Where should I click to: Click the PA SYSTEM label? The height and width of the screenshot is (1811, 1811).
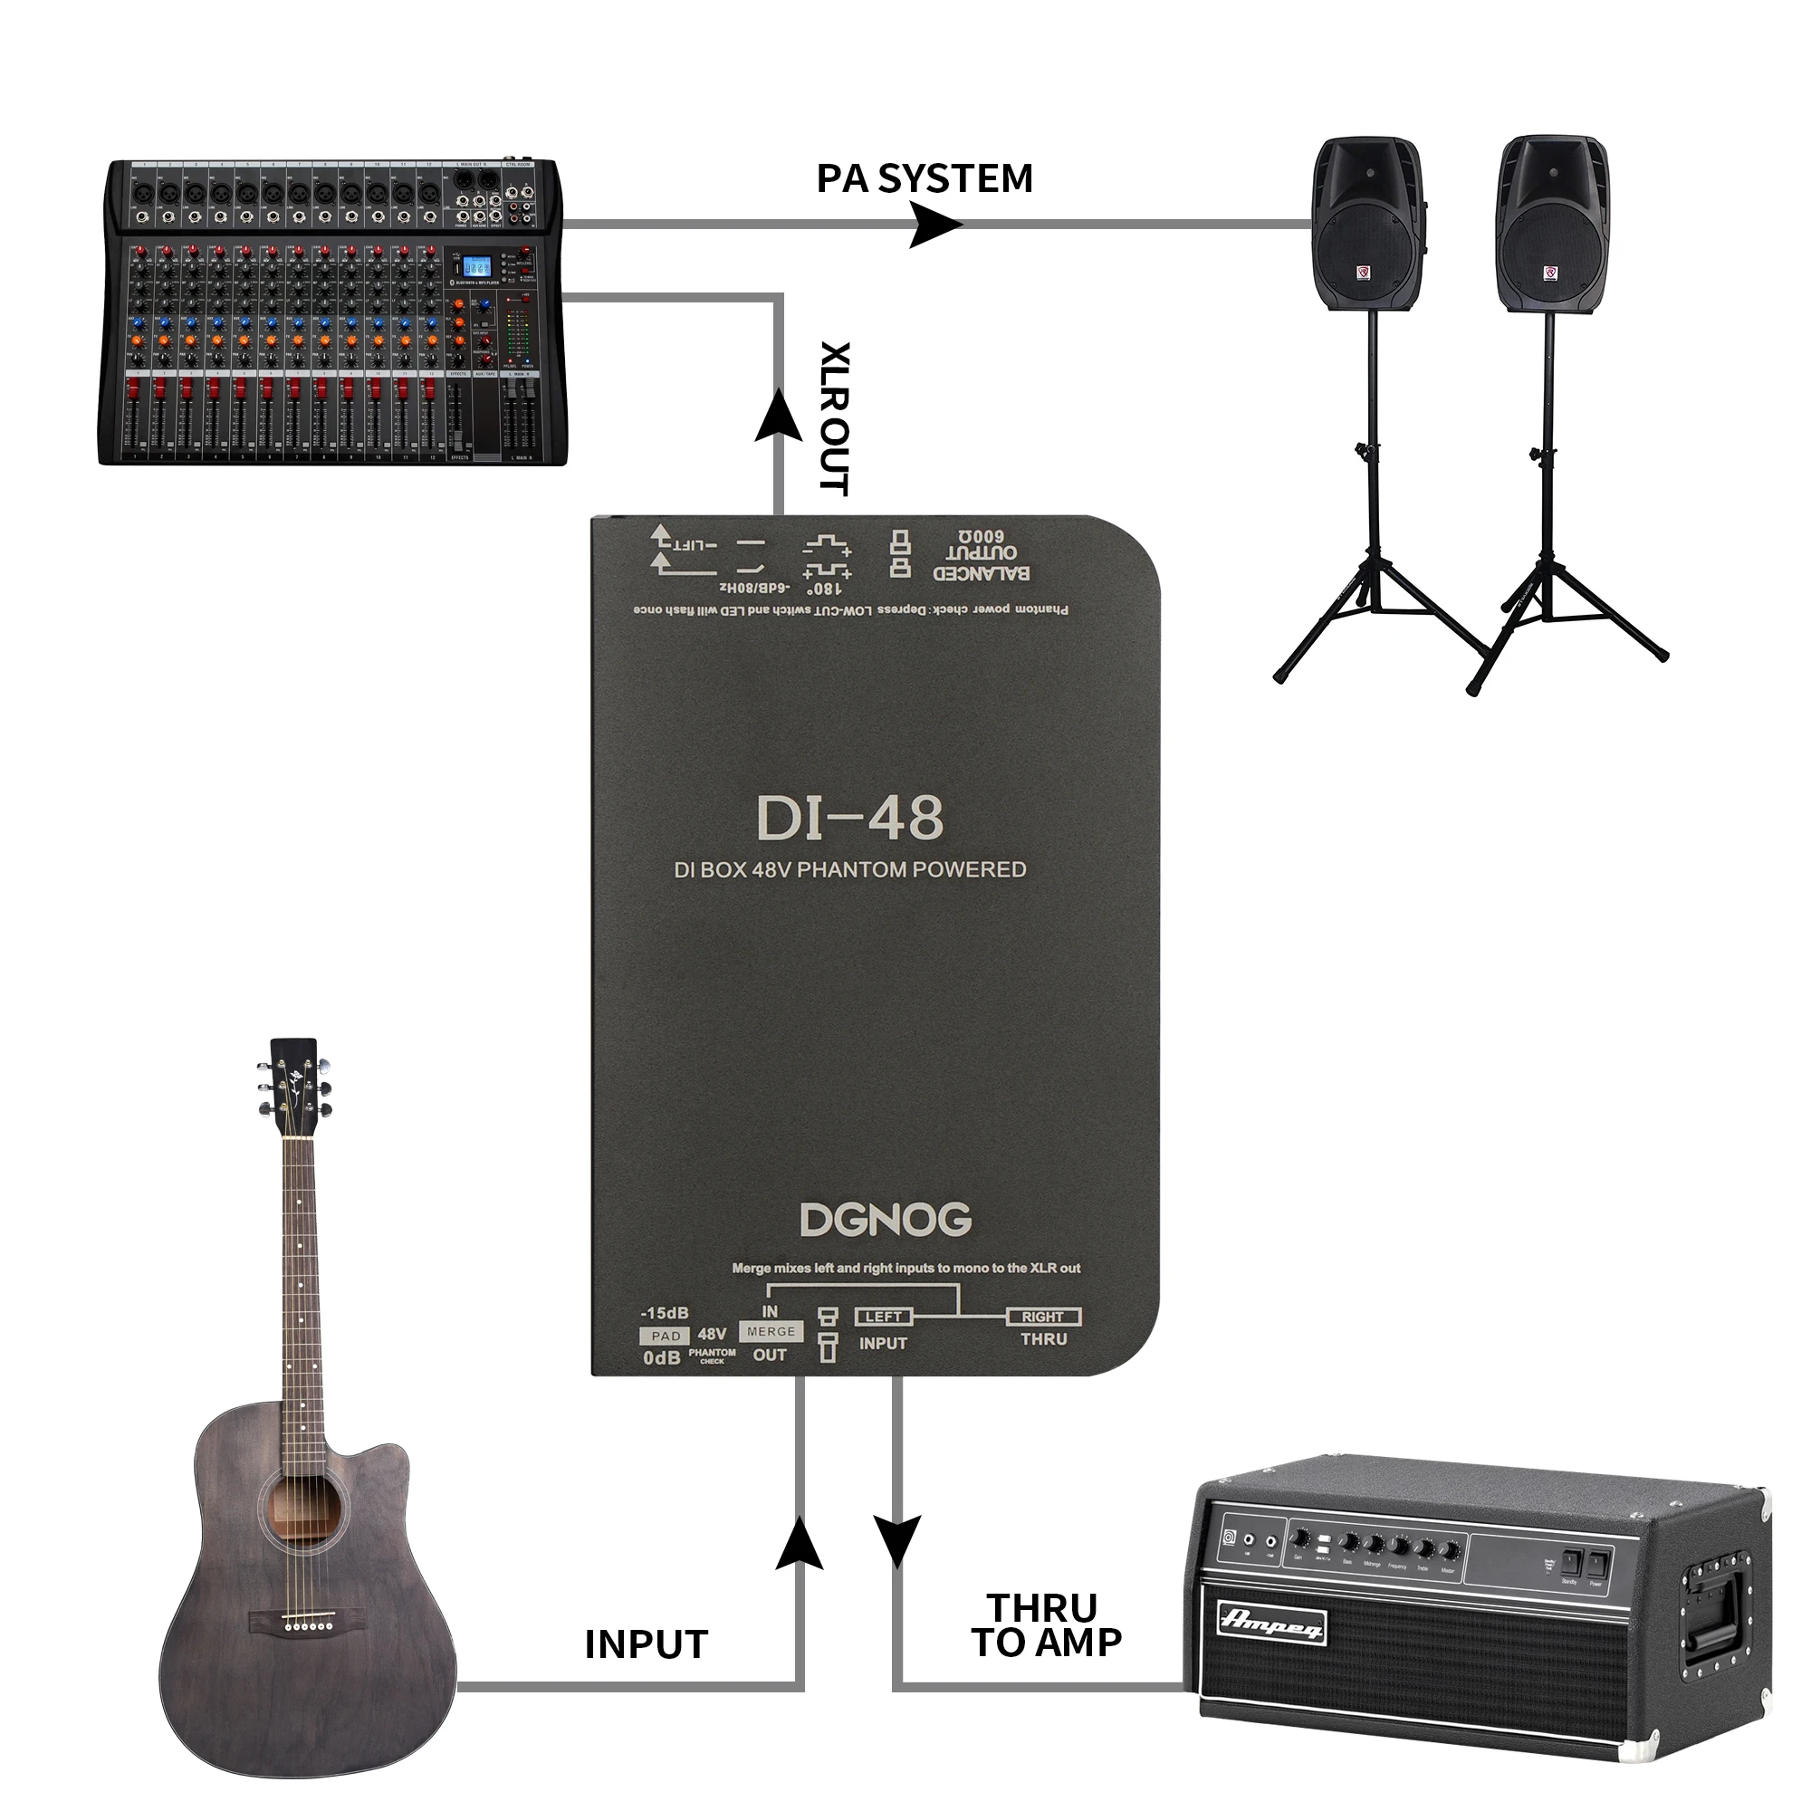click(x=925, y=178)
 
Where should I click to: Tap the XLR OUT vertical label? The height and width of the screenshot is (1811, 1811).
click(x=834, y=418)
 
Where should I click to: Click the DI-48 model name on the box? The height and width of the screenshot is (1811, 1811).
click(x=849, y=818)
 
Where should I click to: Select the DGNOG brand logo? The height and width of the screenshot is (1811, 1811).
click(x=886, y=1220)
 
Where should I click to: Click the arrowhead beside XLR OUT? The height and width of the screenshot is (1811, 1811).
click(x=778, y=415)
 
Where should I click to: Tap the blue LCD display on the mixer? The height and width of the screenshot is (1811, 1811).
click(x=477, y=267)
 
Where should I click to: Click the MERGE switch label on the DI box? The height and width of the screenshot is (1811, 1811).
click(x=771, y=1331)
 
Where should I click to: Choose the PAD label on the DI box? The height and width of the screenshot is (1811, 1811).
click(x=666, y=1336)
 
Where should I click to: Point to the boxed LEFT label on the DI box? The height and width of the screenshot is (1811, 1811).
click(x=883, y=1317)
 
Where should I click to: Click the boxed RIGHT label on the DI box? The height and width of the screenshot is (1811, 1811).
click(x=1042, y=1317)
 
